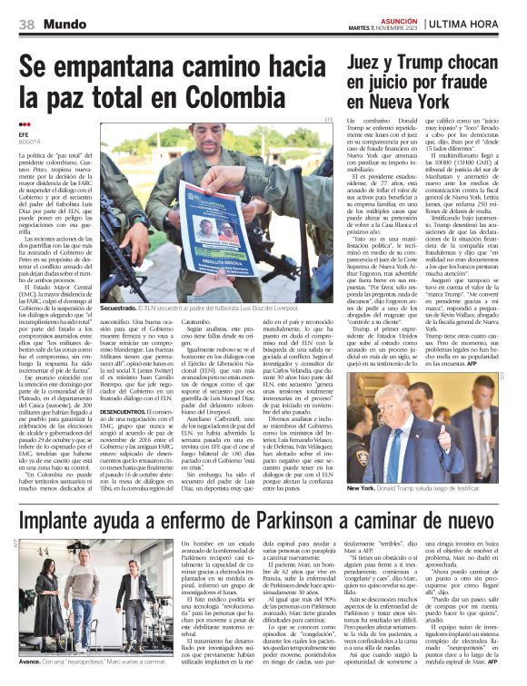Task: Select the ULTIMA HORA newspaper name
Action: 476,23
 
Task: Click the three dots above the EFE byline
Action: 25,123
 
